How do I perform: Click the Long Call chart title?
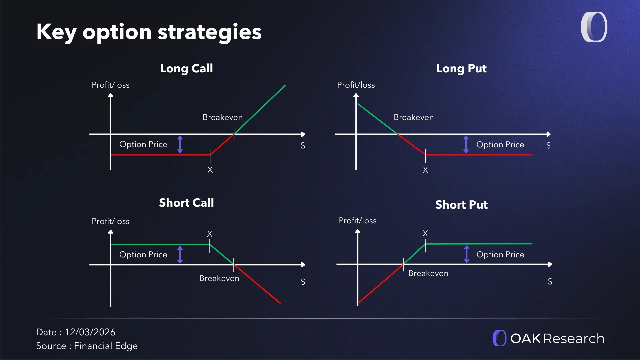click(x=186, y=68)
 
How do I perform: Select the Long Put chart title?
click(x=461, y=68)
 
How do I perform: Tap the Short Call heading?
click(x=186, y=203)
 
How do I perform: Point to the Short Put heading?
click(x=461, y=205)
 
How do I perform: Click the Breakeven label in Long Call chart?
click(x=222, y=117)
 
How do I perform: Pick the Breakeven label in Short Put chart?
click(x=428, y=273)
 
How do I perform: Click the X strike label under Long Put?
click(x=425, y=170)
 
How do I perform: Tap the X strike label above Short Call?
click(x=210, y=234)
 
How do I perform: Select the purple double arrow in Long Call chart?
click(x=180, y=144)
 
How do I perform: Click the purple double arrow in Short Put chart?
click(x=467, y=254)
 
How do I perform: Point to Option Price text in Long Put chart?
click(x=500, y=145)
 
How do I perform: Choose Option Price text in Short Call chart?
click(x=143, y=255)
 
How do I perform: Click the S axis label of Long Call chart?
click(x=303, y=146)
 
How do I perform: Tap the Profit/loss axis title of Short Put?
click(x=357, y=221)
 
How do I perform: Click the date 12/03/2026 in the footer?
click(x=90, y=332)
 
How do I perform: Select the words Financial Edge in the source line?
click(x=106, y=346)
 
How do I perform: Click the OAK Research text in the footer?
click(x=557, y=339)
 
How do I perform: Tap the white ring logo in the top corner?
click(x=594, y=27)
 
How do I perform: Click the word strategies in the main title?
click(x=209, y=32)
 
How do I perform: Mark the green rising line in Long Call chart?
click(x=260, y=109)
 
